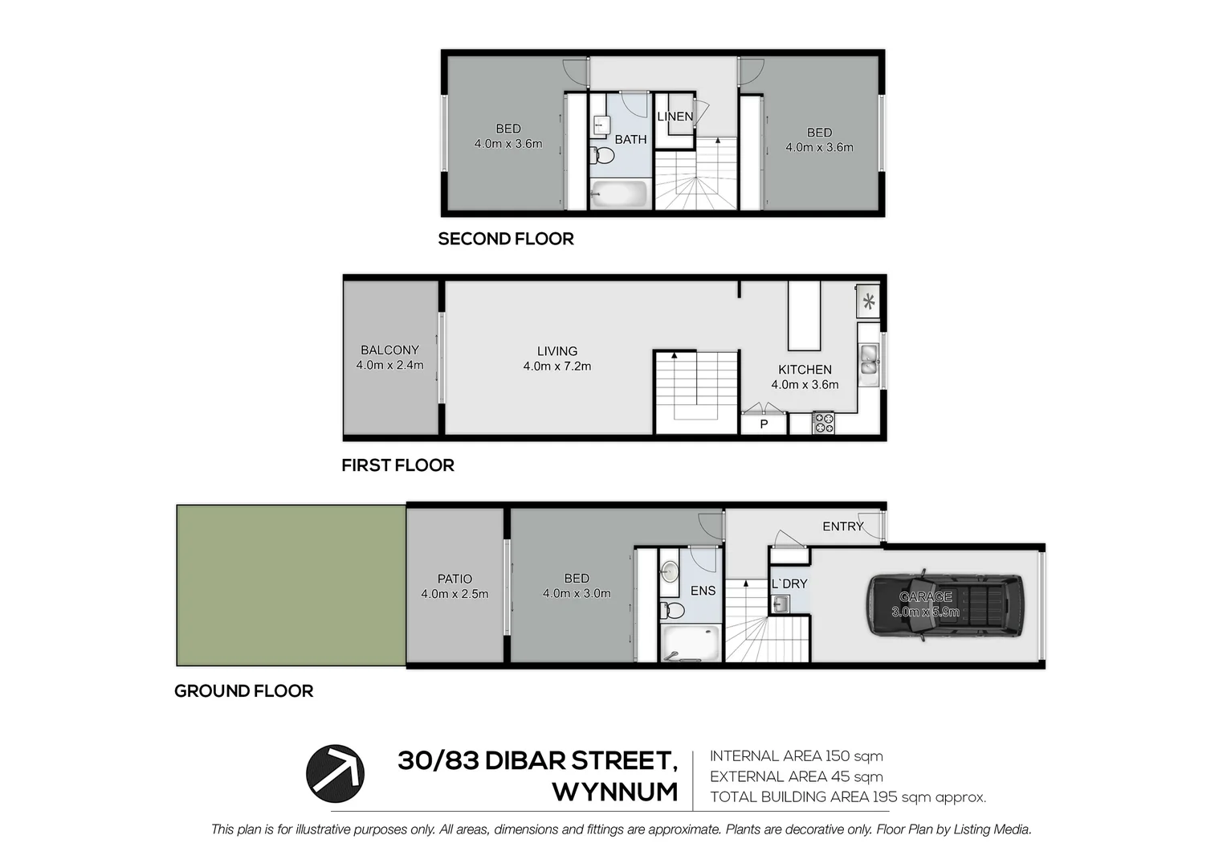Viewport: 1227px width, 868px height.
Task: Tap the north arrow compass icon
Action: (335, 774)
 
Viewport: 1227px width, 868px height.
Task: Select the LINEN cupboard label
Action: (675, 117)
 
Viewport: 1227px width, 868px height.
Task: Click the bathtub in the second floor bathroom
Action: (619, 194)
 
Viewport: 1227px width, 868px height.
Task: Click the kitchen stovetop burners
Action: (823, 423)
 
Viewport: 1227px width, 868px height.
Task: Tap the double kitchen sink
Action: (868, 360)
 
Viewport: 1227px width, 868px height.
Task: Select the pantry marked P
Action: (764, 424)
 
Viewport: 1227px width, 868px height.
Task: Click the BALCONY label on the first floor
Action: (389, 350)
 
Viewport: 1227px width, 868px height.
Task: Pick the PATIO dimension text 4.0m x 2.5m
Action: (455, 594)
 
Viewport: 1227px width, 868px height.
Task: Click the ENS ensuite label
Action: (703, 591)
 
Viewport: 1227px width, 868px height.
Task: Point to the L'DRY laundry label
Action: (789, 583)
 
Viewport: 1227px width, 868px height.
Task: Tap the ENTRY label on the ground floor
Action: (842, 526)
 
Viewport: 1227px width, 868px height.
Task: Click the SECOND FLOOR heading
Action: (506, 239)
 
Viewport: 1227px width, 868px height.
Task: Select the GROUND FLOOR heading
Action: (243, 691)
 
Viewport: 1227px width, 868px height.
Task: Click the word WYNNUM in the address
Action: (615, 792)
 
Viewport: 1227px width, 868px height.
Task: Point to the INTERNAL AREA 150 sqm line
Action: (796, 756)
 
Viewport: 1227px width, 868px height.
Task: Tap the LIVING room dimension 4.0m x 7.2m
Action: (556, 366)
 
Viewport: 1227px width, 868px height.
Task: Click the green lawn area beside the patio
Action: (291, 585)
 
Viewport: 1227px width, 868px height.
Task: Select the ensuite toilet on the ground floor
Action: (673, 611)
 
